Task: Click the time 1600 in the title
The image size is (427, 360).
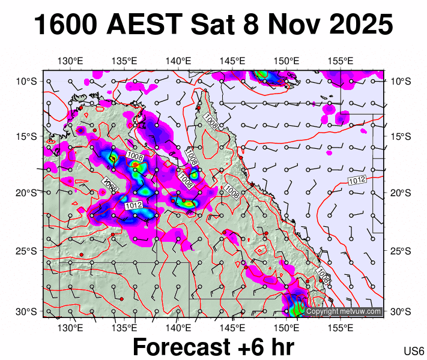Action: [65, 25]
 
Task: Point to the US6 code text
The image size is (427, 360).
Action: [414, 351]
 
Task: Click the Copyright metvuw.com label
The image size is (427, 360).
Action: [344, 311]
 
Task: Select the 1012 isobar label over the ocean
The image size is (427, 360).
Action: [357, 180]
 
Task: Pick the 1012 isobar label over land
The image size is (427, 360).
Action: [133, 206]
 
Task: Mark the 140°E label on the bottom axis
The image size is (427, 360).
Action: [178, 328]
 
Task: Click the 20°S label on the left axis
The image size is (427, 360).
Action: [26, 193]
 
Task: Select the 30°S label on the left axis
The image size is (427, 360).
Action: [26, 311]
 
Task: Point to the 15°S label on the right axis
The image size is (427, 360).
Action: [401, 136]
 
